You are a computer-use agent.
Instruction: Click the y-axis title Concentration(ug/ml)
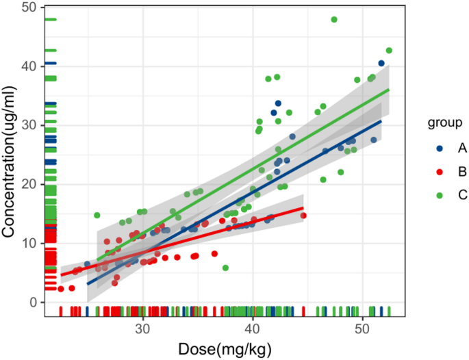[x=9, y=160]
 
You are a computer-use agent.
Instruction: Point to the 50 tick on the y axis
[x=31, y=8]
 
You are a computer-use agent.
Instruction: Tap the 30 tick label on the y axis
[x=31, y=125]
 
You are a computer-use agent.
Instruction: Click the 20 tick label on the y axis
[x=31, y=184]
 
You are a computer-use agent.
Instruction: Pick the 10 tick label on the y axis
[x=31, y=243]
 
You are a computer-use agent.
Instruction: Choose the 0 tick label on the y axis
[x=34, y=302]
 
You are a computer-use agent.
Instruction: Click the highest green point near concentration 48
[x=334, y=20]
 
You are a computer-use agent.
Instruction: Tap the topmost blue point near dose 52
[x=381, y=64]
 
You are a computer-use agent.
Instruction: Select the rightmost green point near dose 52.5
[x=389, y=51]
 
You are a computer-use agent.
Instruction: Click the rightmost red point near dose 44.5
[x=303, y=216]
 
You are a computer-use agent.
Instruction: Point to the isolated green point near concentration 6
[x=225, y=268]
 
